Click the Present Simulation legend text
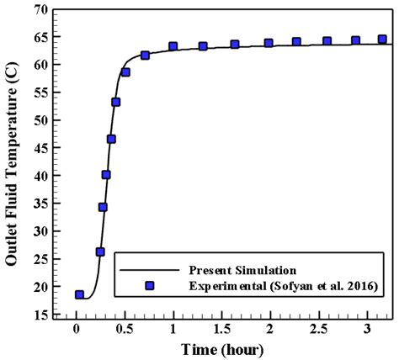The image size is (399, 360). tap(242, 271)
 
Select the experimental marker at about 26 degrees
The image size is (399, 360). tap(100, 251)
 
